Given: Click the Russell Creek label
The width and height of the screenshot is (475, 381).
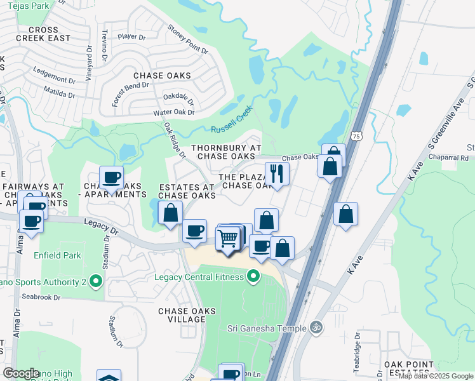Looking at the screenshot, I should click(232, 118).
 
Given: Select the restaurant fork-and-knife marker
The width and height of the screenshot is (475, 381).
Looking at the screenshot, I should click(277, 173).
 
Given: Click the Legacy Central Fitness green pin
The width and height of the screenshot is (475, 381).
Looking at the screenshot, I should click(253, 276).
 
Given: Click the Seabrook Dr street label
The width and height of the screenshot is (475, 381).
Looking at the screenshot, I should click(39, 297).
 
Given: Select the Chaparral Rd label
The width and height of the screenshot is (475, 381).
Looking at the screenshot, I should click(448, 157).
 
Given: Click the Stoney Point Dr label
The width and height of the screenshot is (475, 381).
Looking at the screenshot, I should click(188, 38).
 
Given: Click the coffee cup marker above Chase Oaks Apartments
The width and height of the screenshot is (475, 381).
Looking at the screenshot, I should click(111, 177).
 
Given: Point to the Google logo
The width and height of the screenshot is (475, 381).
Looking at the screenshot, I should click(21, 373).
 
